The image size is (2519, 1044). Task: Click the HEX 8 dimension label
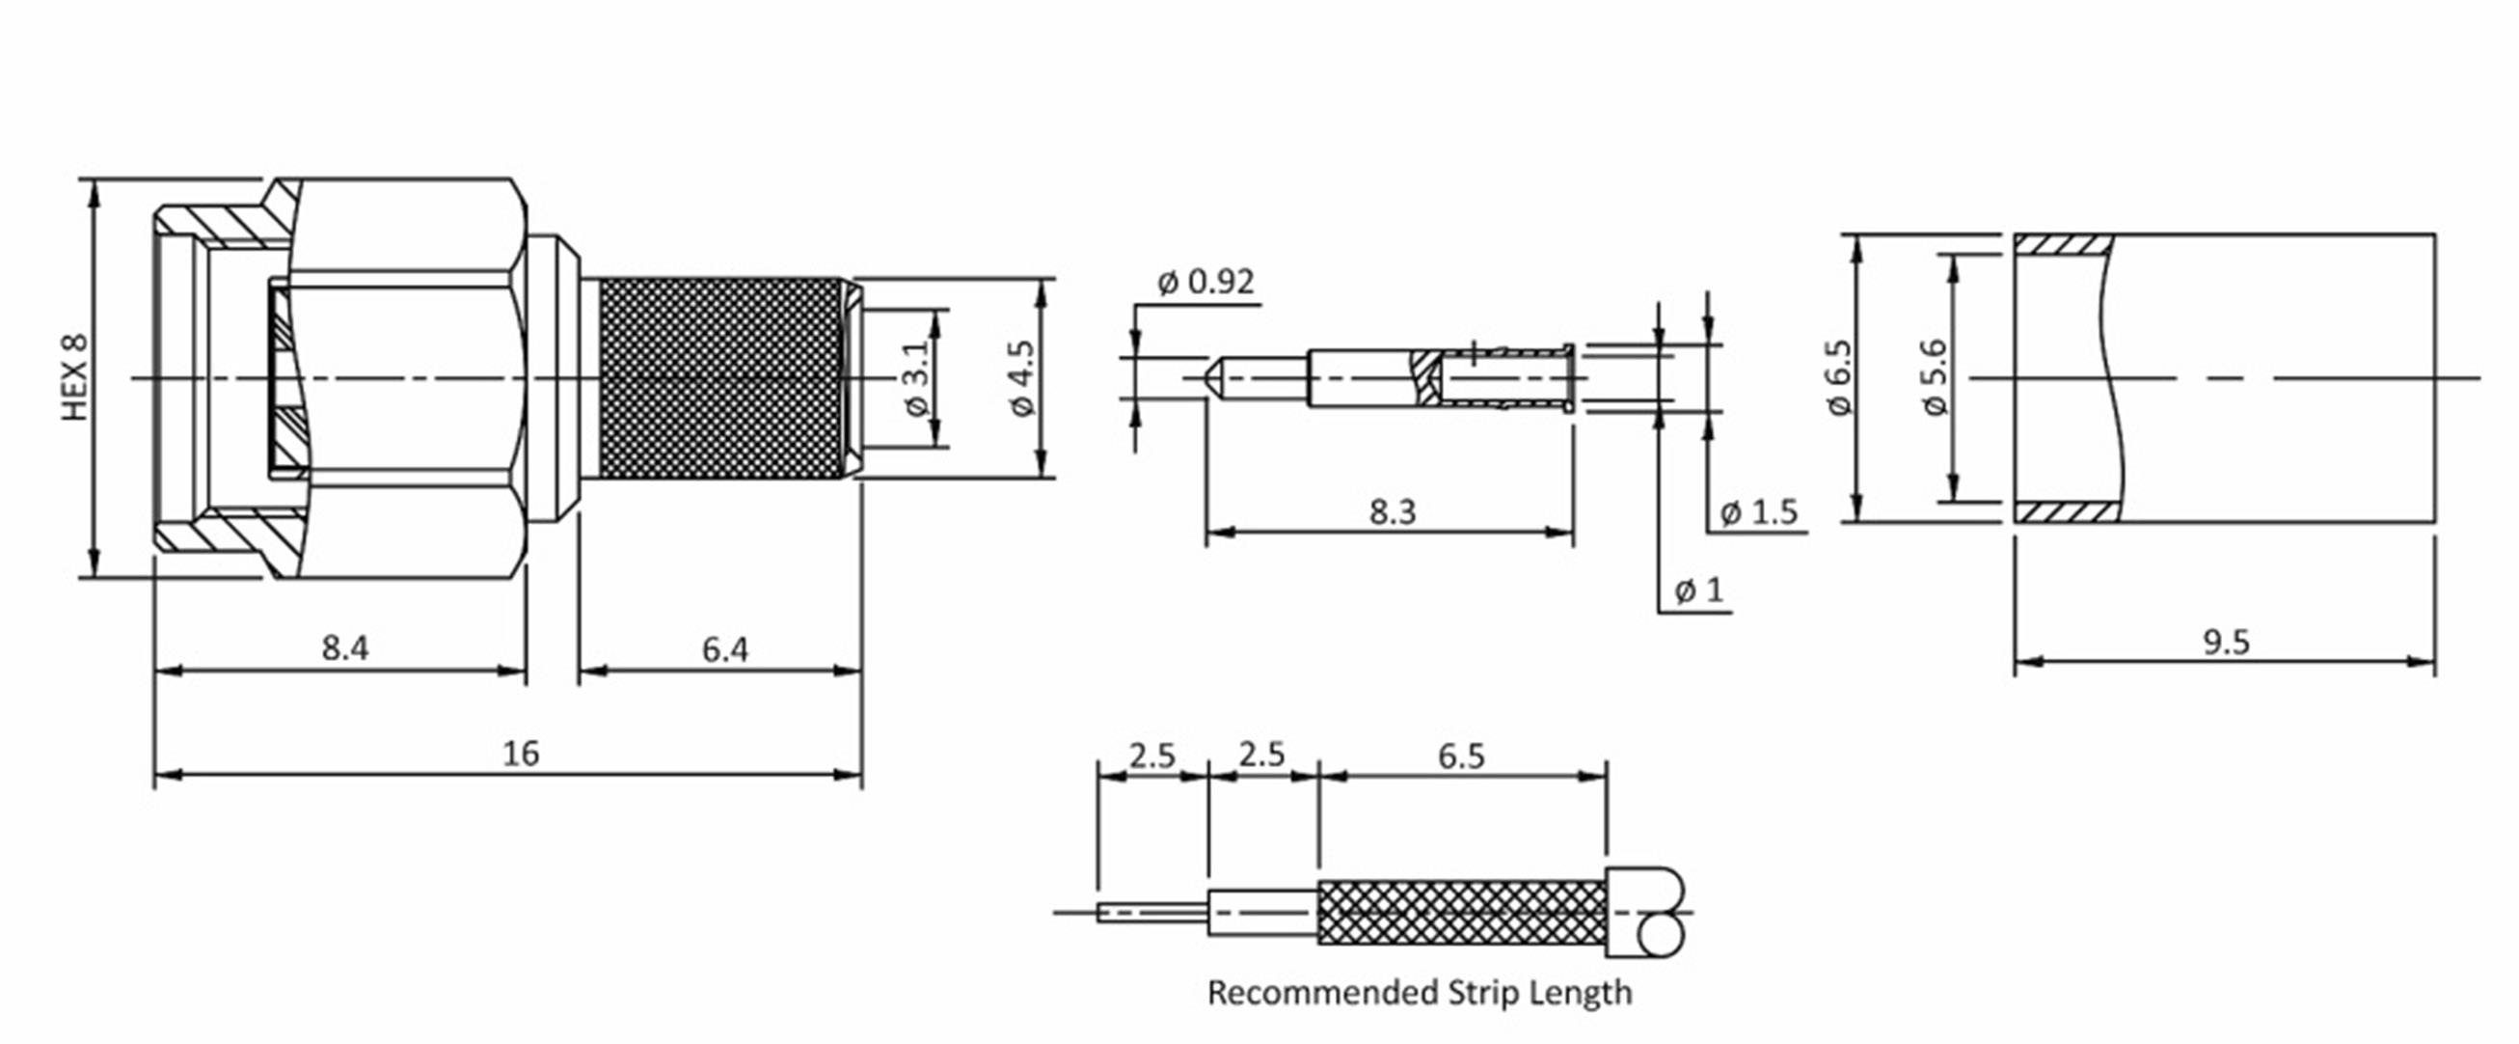75,378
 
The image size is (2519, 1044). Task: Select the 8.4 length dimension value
345,647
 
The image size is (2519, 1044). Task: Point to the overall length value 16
520,754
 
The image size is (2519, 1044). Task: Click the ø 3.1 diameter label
915,378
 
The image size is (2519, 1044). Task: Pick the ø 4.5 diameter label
1021,378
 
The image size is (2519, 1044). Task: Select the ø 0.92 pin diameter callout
1205,283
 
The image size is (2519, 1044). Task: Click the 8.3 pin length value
1392,511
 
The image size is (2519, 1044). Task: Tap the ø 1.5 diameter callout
1758,512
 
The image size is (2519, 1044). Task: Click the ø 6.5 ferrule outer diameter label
1839,378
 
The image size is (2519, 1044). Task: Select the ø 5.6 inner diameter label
1935,378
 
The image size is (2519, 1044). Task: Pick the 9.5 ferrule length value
2226,643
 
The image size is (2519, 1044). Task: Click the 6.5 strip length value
1461,756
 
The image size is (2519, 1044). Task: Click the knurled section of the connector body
720,378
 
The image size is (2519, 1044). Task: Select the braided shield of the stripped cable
1461,912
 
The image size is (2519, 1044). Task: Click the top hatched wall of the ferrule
2061,245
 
